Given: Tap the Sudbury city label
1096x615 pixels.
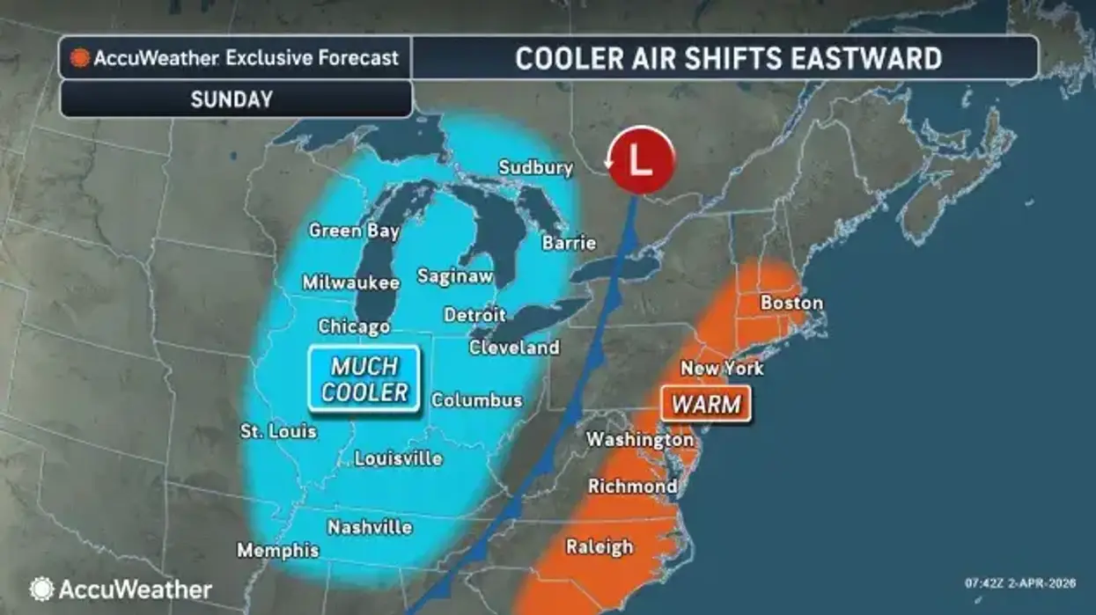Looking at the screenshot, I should click(535, 167).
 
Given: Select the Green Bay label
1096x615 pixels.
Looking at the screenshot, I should click(354, 231).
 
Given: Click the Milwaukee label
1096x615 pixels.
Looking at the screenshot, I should click(350, 282).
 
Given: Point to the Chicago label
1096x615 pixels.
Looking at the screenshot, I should click(354, 326).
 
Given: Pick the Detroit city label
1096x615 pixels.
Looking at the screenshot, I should click(474, 314).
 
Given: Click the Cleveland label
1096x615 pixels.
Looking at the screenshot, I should click(514, 348).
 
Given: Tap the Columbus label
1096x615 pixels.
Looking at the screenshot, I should click(476, 400).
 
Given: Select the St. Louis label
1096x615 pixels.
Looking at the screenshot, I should click(278, 432).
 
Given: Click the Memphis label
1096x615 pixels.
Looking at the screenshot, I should click(278, 551).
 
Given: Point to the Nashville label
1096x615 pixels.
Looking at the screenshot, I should click(370, 527).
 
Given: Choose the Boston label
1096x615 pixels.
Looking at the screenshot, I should click(791, 303).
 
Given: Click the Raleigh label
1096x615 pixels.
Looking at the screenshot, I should click(599, 546).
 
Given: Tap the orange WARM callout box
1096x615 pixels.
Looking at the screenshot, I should click(706, 405).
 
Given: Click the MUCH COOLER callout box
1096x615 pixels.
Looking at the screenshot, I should click(364, 379).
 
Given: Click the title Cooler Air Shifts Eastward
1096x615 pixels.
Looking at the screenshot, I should click(728, 58).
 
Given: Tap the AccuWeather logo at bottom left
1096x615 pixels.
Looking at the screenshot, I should click(121, 589).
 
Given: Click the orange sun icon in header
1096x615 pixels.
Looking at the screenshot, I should click(80, 59).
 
